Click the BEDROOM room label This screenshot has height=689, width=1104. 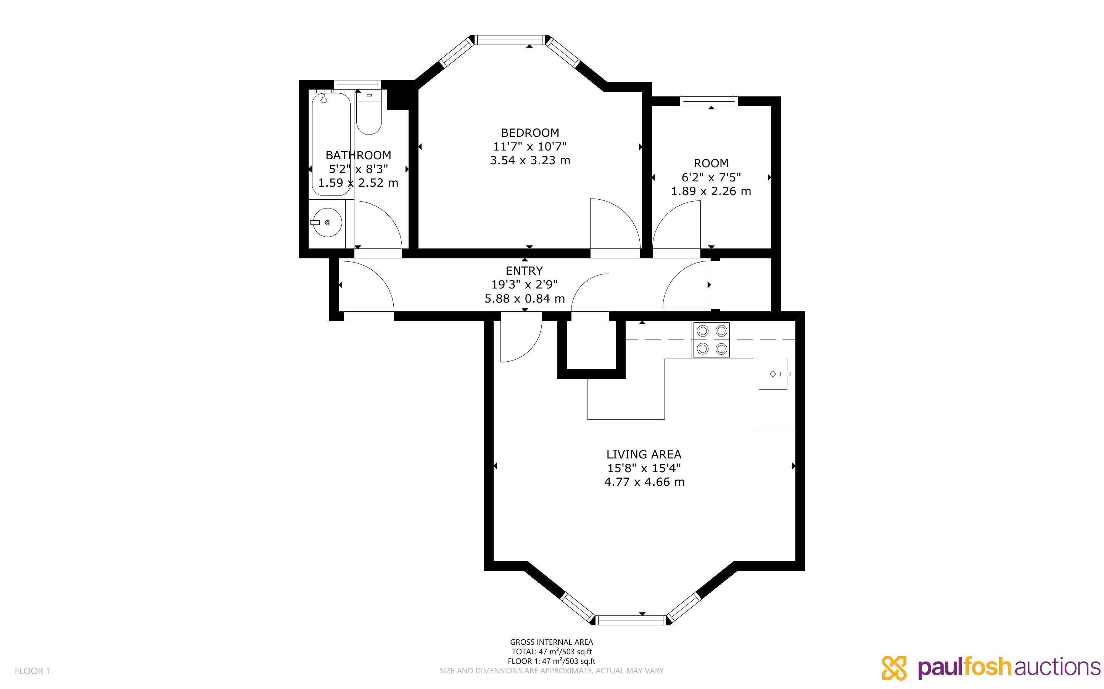(x=530, y=133)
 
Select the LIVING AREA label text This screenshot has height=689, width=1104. (x=644, y=454)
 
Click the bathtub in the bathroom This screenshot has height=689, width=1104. (x=332, y=144)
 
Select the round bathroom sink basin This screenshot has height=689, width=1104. (x=327, y=223)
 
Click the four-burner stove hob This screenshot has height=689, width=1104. (x=711, y=340)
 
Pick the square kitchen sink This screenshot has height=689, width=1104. (x=773, y=374)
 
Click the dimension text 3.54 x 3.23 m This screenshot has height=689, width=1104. (x=530, y=160)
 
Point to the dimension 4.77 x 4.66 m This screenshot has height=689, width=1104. (x=644, y=482)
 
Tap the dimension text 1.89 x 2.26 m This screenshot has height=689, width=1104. (x=710, y=191)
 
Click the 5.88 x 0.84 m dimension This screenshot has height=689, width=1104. (x=525, y=298)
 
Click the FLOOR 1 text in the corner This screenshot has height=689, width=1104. (x=33, y=671)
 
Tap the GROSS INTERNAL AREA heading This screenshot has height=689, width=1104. (x=551, y=642)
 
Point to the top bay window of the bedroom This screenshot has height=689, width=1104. (x=510, y=40)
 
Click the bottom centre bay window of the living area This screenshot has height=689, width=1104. (x=632, y=620)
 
